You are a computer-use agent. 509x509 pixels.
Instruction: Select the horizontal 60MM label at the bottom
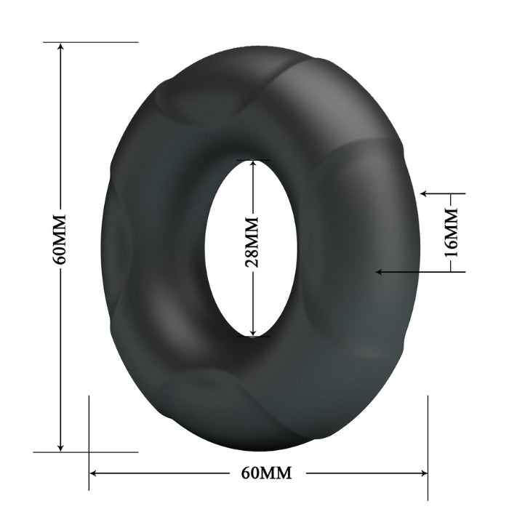coord(266,473)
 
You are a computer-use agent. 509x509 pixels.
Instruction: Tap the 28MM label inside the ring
coord(252,242)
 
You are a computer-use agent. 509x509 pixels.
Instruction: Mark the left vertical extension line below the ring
coord(89,436)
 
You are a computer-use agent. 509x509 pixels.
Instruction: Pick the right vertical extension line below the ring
coord(428,436)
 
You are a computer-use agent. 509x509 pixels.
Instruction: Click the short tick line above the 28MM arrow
coord(252,159)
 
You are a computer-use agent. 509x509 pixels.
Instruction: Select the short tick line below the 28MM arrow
coord(252,337)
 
